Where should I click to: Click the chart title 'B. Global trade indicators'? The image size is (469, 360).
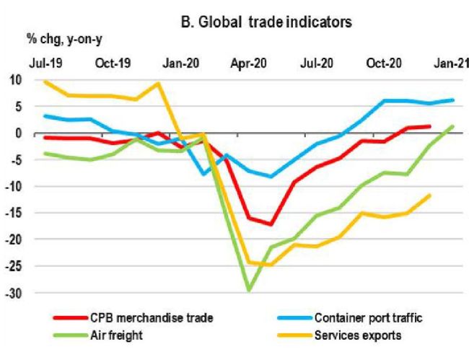tap(266, 22)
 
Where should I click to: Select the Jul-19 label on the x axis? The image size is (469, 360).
tap(45, 63)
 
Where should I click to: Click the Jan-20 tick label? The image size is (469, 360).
tap(181, 63)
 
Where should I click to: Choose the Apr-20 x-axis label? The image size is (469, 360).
tap(249, 63)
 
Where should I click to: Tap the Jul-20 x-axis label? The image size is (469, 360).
tap(316, 63)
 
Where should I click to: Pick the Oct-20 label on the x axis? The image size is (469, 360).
tap(385, 63)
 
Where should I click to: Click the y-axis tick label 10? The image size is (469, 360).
tap(17, 79)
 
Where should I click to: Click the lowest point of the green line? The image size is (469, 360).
tap(249, 290)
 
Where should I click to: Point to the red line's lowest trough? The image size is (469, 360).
tap(271, 224)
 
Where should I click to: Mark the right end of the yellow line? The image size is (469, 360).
tap(431, 195)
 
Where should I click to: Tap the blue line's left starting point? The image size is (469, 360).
tap(45, 115)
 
